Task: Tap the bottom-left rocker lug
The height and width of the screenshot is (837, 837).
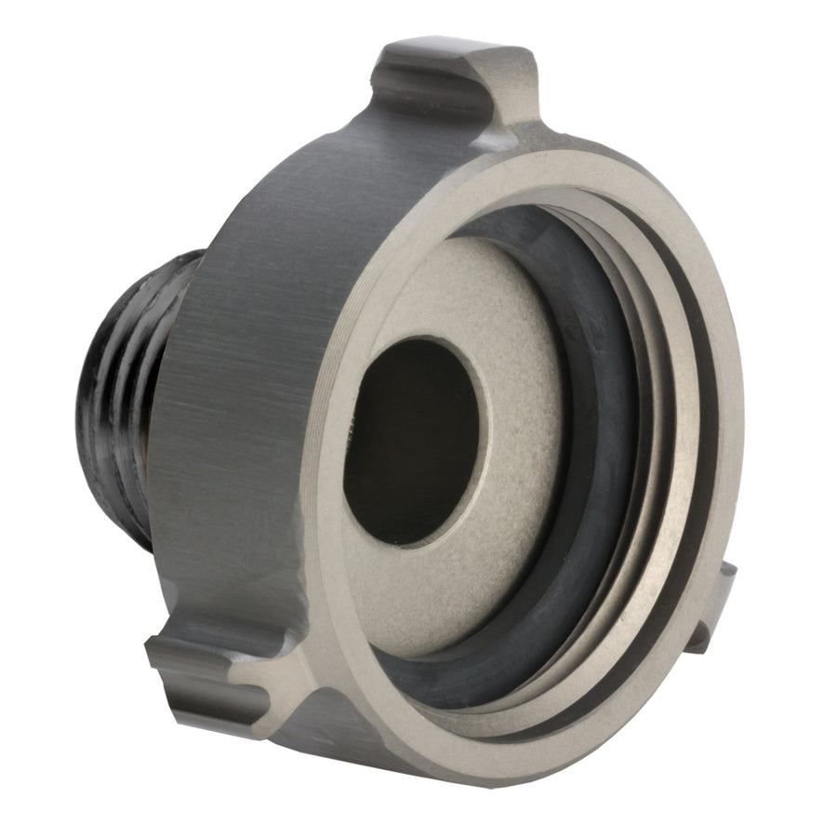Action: (223, 665)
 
